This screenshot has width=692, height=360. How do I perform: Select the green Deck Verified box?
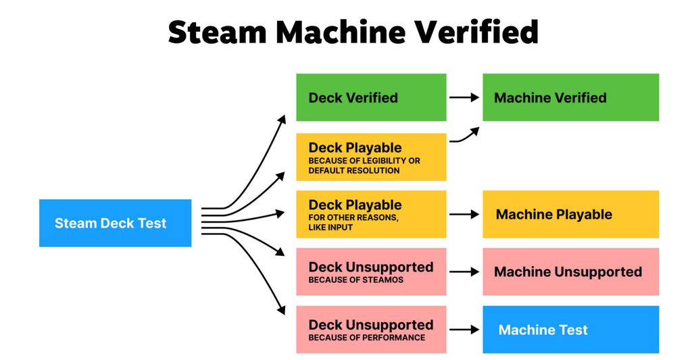coord(371,97)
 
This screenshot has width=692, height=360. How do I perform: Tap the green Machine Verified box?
coord(570,97)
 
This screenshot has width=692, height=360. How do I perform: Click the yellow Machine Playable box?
coord(570,214)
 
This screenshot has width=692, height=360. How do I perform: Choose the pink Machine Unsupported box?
coord(570,272)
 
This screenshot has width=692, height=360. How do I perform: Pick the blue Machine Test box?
coord(570,330)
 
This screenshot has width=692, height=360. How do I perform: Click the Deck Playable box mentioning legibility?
coord(371,157)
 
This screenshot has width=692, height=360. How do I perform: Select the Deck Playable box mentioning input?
coord(371,214)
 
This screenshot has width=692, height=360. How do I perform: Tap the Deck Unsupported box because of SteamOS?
coord(371,272)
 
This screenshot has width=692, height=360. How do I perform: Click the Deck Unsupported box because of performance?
coord(371,330)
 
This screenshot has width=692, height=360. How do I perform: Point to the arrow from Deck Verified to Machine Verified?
coord(464,97)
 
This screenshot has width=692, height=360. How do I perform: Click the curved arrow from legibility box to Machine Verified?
coord(466,136)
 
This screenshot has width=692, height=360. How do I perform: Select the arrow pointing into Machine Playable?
coord(464,214)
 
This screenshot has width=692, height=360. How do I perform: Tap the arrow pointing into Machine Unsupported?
coord(464,272)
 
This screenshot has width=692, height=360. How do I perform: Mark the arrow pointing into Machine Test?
coord(464,330)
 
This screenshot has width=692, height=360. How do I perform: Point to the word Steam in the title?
coord(216,32)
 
